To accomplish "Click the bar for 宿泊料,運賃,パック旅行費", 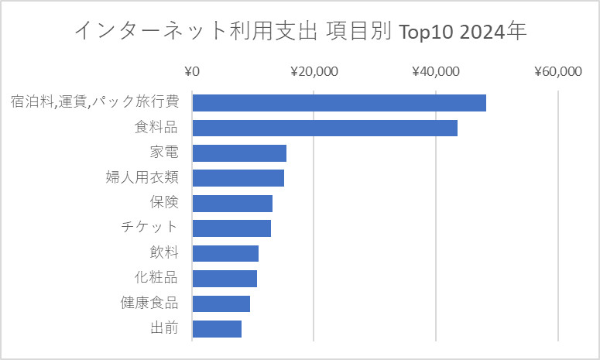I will (339, 103).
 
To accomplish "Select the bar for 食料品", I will (324, 128).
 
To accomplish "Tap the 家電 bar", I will (239, 153).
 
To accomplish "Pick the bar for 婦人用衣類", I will (238, 178).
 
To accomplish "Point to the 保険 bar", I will (232, 203).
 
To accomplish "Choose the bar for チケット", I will (231, 228).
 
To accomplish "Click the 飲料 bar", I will (225, 253).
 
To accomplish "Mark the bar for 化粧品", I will (225, 278).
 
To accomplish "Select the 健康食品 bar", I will (221, 303).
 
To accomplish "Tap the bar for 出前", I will (217, 328).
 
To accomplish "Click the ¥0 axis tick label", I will (192, 72).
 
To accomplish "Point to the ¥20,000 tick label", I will (314, 72).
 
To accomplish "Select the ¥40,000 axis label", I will (436, 72).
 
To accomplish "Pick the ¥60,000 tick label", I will (557, 72).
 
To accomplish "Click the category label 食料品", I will (156, 128).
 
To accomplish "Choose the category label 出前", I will (164, 328).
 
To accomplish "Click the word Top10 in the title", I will (423, 32).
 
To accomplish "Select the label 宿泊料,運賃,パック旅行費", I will (94, 103).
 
